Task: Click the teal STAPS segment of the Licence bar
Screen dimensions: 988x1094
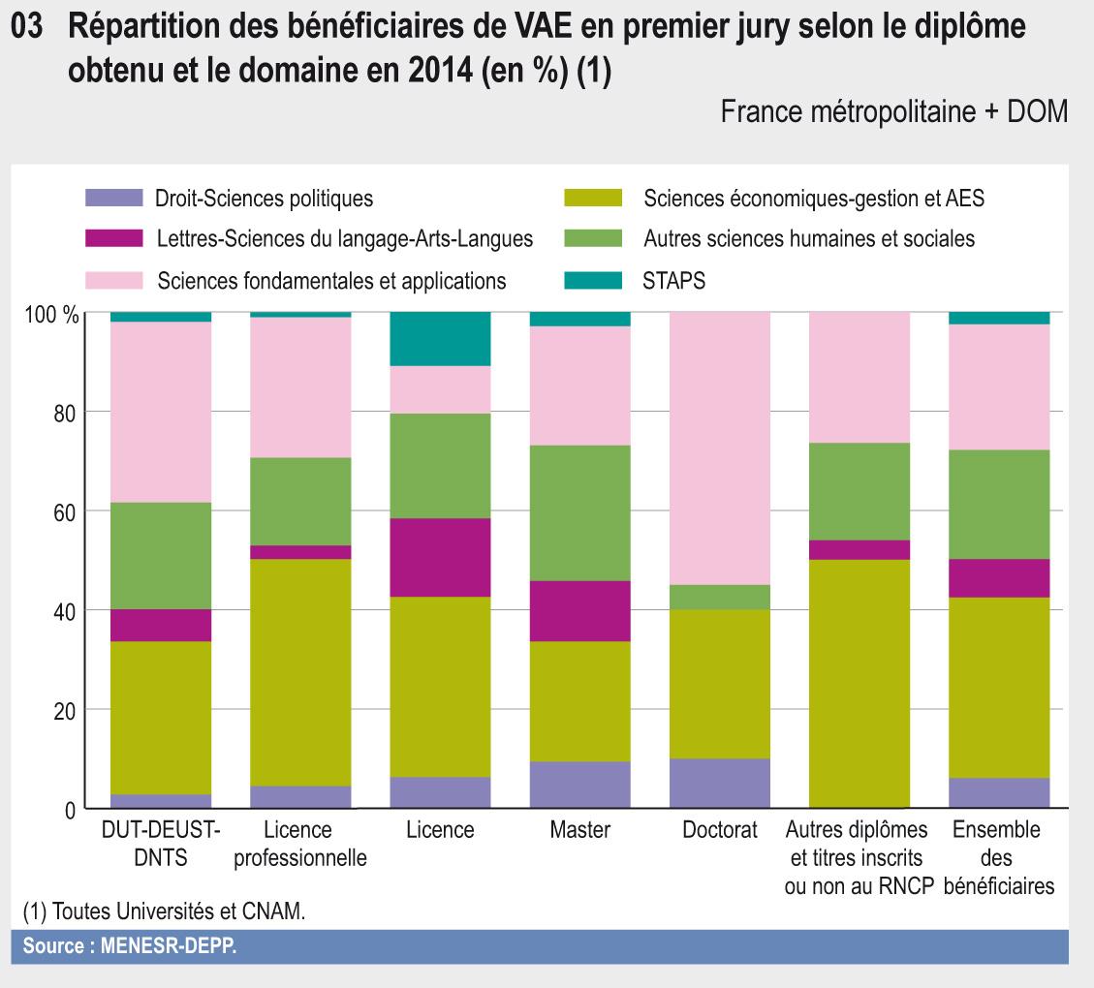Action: pyautogui.click(x=440, y=339)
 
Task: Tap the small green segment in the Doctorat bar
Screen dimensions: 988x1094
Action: pyautogui.click(x=720, y=597)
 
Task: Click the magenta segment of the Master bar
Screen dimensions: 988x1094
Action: pyautogui.click(x=579, y=610)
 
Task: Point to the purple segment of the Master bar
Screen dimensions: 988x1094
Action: pyautogui.click(x=579, y=785)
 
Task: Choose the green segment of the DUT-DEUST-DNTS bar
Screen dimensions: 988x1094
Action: pyautogui.click(x=161, y=555)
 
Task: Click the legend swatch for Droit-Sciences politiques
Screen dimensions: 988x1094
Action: pyautogui.click(x=113, y=200)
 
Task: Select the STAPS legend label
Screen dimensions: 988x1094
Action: pyautogui.click(x=673, y=281)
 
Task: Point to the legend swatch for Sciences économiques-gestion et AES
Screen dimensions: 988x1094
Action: pyautogui.click(x=593, y=200)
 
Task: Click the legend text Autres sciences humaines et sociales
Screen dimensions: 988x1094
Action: pyautogui.click(x=808, y=238)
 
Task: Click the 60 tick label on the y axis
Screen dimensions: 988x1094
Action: pyautogui.click(x=64, y=512)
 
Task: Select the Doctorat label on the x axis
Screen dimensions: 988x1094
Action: pyautogui.click(x=720, y=830)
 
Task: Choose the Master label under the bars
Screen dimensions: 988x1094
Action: pyautogui.click(x=579, y=830)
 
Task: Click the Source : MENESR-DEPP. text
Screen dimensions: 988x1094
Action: pyautogui.click(x=130, y=946)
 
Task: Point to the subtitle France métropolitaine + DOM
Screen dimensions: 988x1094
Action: pyautogui.click(x=893, y=113)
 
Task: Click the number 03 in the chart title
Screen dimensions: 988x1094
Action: pyautogui.click(x=28, y=28)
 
